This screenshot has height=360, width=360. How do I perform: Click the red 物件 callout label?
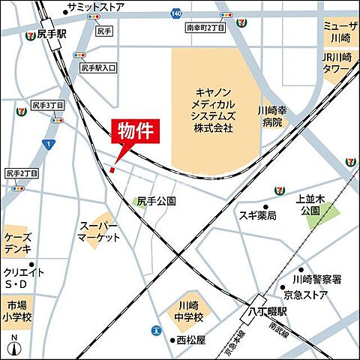[x=136, y=132]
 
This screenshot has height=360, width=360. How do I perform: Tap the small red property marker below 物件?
[x=112, y=170]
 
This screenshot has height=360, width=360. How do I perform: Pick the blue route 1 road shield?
[x=47, y=143]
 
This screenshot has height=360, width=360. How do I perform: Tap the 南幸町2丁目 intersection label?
[x=205, y=26]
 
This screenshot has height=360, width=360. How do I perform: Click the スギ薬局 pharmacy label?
[x=258, y=216]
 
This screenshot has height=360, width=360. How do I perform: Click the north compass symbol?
[x=13, y=347]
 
